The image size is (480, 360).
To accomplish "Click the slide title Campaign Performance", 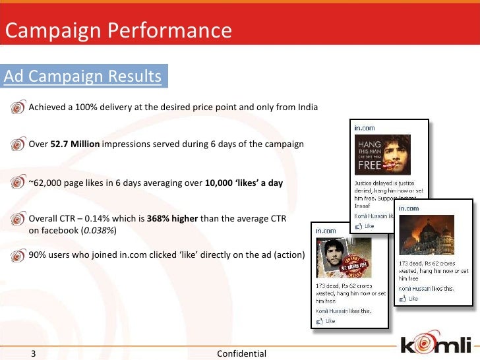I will [x=119, y=30].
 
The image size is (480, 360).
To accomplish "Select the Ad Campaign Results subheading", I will [x=83, y=76].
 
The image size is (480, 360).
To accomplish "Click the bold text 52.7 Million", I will [x=75, y=144].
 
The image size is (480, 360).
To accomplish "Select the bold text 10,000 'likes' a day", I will [x=243, y=183].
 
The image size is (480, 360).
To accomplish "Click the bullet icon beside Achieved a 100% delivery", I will [x=18, y=107].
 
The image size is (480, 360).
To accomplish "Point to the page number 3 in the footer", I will [x=34, y=353].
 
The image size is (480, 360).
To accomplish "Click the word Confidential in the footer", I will [x=241, y=353].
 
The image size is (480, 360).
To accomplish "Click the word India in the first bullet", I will [x=307, y=107].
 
